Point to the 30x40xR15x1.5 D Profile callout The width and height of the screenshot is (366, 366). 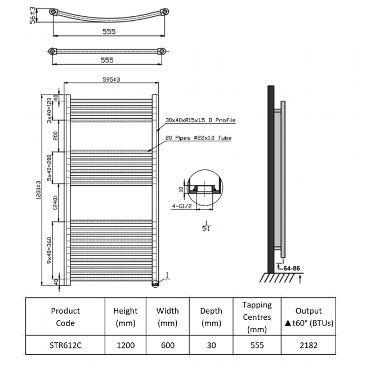click(x=200, y=120)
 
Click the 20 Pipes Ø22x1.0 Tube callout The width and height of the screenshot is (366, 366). click(x=198, y=138)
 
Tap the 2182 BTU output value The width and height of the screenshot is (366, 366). click(x=309, y=345)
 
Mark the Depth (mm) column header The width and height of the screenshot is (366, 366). click(x=211, y=316)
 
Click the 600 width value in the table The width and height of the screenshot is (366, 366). click(x=167, y=345)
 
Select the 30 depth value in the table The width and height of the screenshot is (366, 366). click(x=211, y=345)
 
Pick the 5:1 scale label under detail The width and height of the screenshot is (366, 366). click(x=207, y=226)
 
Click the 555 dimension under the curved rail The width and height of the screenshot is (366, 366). click(x=109, y=32)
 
